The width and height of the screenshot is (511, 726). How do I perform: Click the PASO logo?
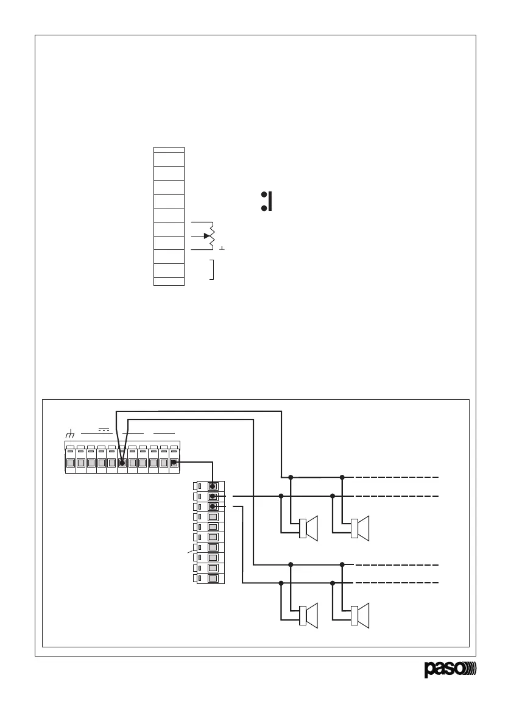[451, 669]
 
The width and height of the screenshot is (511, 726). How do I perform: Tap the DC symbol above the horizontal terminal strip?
[104, 430]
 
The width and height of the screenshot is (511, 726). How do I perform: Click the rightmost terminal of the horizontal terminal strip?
[174, 463]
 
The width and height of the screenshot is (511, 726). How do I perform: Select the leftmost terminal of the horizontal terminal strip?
[70, 463]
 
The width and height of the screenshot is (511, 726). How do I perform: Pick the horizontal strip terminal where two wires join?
[122, 463]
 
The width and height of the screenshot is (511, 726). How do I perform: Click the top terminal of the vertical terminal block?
[213, 486]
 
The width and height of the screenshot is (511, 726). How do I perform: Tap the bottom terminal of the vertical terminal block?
[213, 578]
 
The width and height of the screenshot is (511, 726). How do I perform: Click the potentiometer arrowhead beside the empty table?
[207, 236]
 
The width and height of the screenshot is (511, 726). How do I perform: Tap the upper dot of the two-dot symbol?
[264, 195]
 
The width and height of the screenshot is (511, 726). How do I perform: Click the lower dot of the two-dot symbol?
[264, 208]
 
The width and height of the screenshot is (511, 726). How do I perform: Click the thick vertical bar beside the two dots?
[270, 202]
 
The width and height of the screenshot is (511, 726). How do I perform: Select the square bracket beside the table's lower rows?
[211, 269]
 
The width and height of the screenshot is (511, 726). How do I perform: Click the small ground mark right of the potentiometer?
[223, 249]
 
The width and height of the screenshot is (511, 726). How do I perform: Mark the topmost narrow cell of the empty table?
[169, 149]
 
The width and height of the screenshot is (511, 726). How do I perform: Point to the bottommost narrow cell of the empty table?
[169, 282]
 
